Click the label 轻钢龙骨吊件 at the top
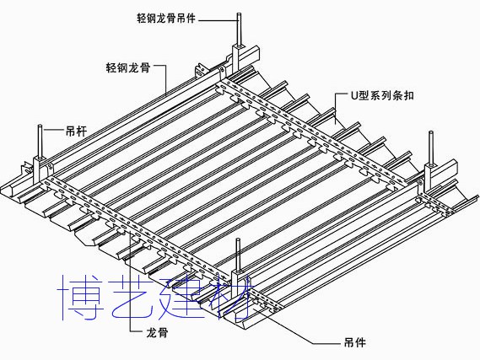pyautogui.click(x=165, y=18)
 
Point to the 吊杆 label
pyautogui.click(x=76, y=132)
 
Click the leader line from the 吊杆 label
pyautogui.click(x=53, y=132)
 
